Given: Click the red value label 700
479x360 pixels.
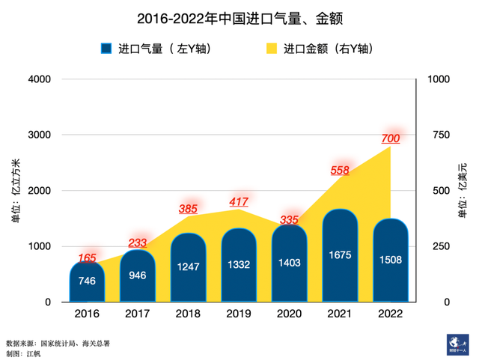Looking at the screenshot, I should tap(391, 138).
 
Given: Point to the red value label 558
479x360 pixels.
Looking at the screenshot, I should tap(340, 170).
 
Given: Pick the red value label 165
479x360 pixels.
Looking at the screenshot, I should tap(87, 258).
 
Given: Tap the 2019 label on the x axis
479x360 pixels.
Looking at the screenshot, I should tap(239, 314).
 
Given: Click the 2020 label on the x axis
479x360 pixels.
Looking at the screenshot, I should tap(289, 314).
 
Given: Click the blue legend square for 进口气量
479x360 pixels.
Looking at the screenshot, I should tap(107, 49).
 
